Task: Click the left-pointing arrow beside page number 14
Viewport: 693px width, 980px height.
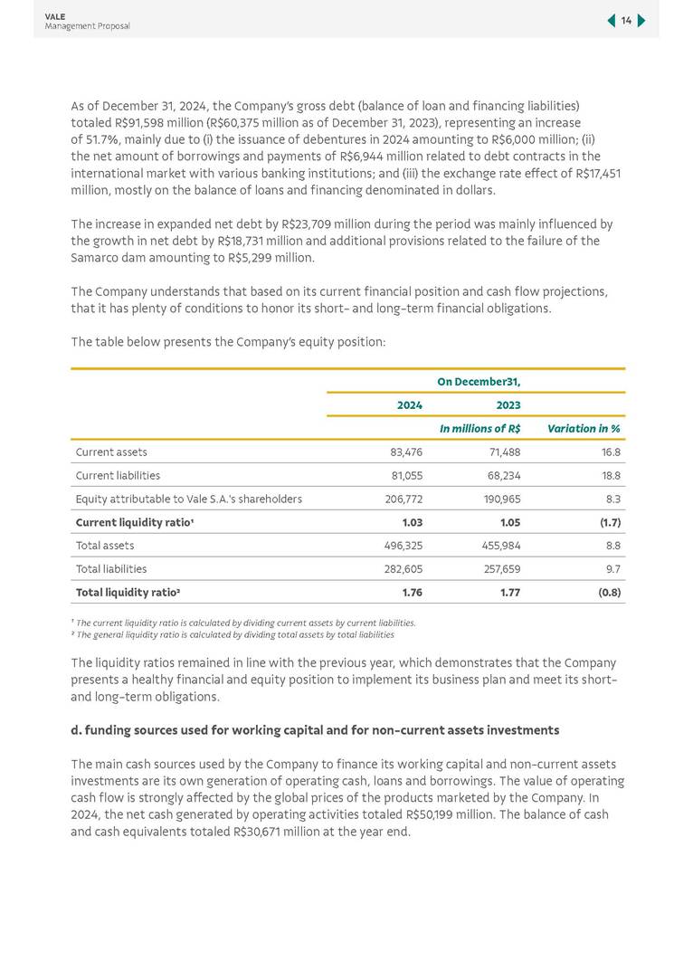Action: coord(612,21)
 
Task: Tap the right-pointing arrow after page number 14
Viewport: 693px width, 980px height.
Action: coord(641,21)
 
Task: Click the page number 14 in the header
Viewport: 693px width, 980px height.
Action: coord(626,21)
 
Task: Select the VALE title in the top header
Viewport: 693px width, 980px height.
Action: coord(54,16)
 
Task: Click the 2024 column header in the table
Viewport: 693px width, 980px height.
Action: coord(410,404)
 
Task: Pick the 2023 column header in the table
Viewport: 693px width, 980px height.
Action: coord(508,404)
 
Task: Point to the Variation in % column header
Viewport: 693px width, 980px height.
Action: coord(584,428)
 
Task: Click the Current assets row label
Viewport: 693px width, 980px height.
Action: coord(111,452)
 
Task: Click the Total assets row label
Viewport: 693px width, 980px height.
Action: coord(105,546)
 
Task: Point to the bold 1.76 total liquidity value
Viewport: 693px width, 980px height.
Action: coord(412,593)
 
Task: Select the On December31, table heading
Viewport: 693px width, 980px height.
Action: coord(479,381)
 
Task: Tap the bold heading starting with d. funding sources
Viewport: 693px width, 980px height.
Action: coord(315,730)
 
